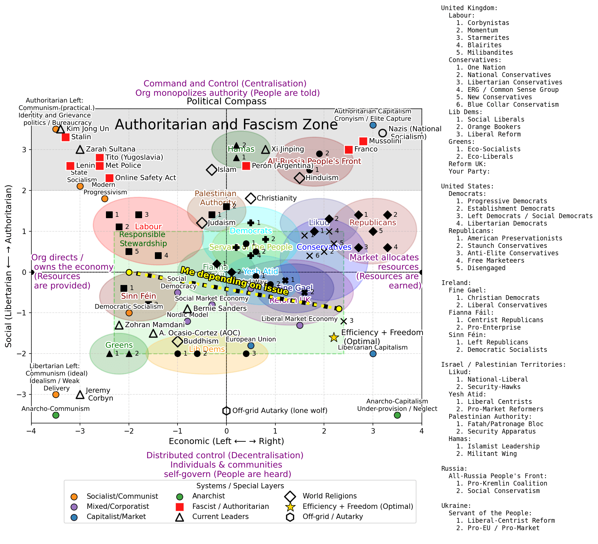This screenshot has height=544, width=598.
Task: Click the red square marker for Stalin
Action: [65, 137]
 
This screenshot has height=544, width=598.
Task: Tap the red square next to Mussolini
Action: [363, 141]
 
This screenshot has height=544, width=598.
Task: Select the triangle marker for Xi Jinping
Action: [266, 150]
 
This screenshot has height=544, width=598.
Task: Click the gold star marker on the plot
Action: [334, 337]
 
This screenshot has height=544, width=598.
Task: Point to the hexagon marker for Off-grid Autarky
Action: [226, 411]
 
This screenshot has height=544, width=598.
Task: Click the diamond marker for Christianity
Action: [251, 198]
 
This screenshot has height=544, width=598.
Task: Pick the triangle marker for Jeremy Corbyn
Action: [80, 394]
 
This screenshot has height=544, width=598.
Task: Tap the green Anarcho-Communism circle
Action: [56, 415]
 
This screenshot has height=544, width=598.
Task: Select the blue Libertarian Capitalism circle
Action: [373, 354]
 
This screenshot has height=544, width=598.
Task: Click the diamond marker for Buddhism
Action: [178, 341]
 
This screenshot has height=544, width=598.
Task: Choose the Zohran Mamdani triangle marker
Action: [119, 325]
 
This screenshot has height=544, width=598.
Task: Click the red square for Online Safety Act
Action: [109, 178]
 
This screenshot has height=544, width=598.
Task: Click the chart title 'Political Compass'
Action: [226, 101]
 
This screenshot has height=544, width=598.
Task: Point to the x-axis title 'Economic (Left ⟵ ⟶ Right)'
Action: [226, 441]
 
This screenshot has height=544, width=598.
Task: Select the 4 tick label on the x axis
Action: [422, 431]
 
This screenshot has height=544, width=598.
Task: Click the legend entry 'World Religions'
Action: [329, 496]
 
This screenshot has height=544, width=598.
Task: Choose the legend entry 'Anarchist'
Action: [208, 496]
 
